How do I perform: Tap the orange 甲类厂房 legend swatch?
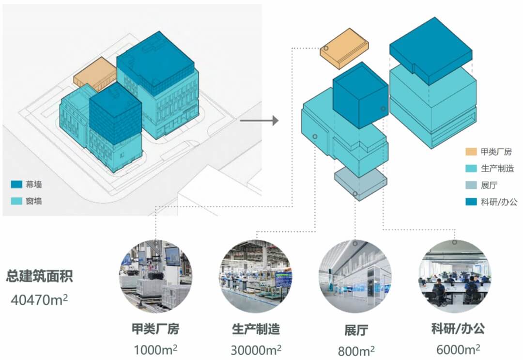tap(470, 152)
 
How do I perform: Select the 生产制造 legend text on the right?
tap(497, 169)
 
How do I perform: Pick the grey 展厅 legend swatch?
tap(470, 185)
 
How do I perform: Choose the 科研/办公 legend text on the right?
tap(499, 202)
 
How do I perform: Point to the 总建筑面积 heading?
tap(40, 277)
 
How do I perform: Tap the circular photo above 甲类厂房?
tap(155, 277)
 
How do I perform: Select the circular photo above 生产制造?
tap(256, 277)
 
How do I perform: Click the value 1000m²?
tap(156, 350)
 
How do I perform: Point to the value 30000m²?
tap(256, 350)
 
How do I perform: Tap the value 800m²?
tap(356, 350)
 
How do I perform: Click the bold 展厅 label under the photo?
tap(356, 330)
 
